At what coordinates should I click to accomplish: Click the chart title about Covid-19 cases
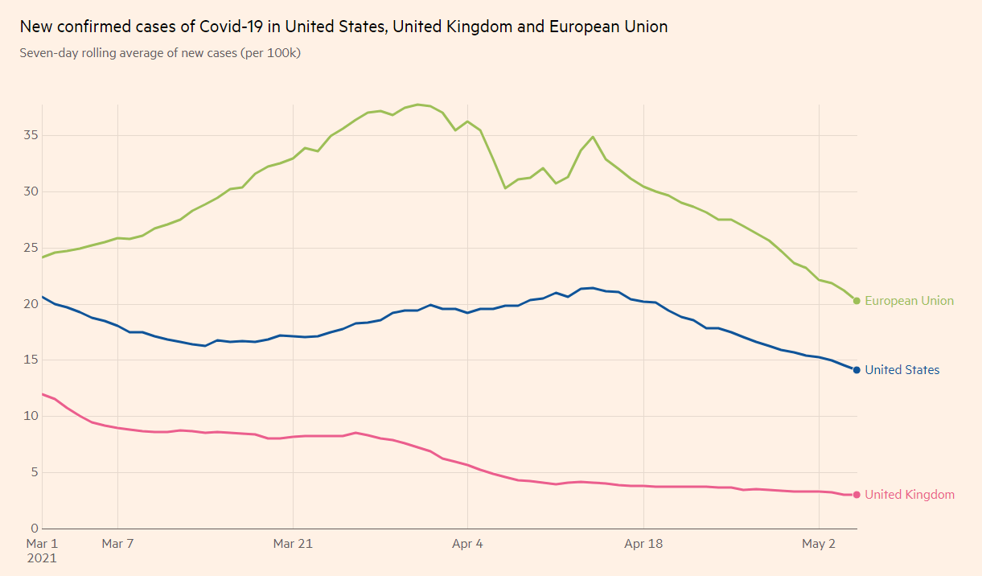(343, 27)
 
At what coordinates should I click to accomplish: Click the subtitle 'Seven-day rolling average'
(160, 54)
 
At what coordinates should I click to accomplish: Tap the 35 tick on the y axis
(31, 135)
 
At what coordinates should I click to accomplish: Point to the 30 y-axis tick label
(31, 191)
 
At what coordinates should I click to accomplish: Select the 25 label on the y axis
(31, 248)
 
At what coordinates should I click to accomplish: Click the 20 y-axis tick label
(31, 304)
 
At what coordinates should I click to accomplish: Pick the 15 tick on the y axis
(31, 360)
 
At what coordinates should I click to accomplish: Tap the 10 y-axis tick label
(31, 416)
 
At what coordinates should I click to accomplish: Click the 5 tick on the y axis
(34, 472)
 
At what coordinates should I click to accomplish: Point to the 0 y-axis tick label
(34, 529)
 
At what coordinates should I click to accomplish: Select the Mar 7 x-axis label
(117, 544)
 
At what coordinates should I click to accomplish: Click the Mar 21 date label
(293, 544)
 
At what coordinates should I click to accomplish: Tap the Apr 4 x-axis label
(467, 544)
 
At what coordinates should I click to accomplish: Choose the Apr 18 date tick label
(643, 544)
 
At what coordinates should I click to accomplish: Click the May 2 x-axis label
(819, 544)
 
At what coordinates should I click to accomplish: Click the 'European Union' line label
(909, 301)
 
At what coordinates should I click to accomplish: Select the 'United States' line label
(902, 370)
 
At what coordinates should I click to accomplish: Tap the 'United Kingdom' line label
(910, 495)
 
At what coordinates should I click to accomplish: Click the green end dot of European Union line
(857, 301)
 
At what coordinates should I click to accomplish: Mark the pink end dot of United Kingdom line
(857, 495)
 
